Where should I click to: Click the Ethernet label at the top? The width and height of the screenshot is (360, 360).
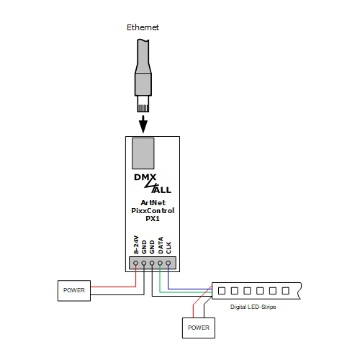tap(143, 27)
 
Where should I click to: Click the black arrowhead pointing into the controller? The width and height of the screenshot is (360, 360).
tap(143, 125)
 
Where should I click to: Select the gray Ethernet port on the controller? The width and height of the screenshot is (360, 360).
tap(143, 152)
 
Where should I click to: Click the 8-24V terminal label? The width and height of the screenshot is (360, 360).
tap(136, 246)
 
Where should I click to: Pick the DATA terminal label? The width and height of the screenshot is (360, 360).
tap(161, 246)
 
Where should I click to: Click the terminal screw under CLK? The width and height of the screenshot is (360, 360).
tap(168, 263)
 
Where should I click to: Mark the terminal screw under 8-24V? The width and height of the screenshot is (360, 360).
tap(136, 263)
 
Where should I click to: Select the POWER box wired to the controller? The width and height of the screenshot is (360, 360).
tap(74, 291)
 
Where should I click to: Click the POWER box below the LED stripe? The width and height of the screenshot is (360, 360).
tap(197, 328)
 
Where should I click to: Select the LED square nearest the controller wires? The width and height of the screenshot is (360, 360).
tap(222, 292)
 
